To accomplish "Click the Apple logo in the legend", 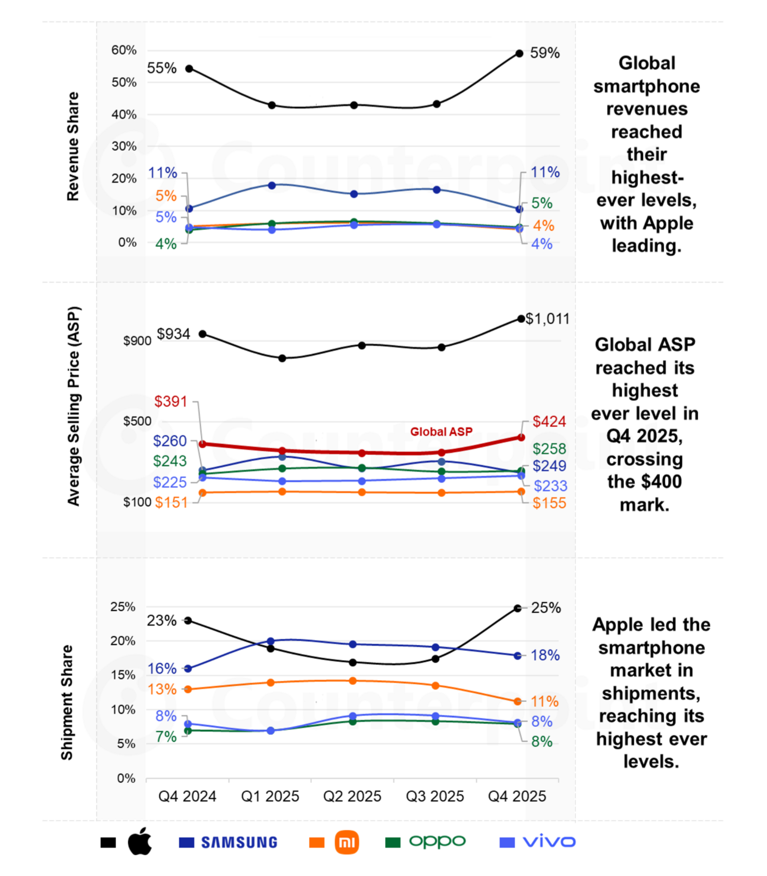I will click(140, 841).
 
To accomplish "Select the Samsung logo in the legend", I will click(239, 842).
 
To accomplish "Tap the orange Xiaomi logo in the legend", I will click(347, 842).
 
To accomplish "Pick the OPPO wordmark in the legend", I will click(437, 841).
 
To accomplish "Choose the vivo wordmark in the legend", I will click(549, 842).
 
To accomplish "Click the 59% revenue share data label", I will click(545, 53).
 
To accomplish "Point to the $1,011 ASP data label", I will click(548, 319).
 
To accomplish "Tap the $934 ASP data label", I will click(174, 334).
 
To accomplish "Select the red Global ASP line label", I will click(441, 432).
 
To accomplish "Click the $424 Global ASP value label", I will click(549, 421).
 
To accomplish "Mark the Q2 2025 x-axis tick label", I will click(352, 796).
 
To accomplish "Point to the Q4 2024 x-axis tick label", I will click(187, 796).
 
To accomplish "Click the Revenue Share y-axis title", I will click(72, 147).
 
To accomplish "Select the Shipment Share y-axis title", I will click(67, 702).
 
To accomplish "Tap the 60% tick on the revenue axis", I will click(124, 50).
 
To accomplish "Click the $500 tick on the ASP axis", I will click(137, 421).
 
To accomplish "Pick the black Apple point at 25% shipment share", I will click(517, 608).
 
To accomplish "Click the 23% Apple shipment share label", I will click(162, 621).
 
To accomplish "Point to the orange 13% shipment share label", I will click(162, 690).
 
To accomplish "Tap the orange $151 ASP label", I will click(172, 502).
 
